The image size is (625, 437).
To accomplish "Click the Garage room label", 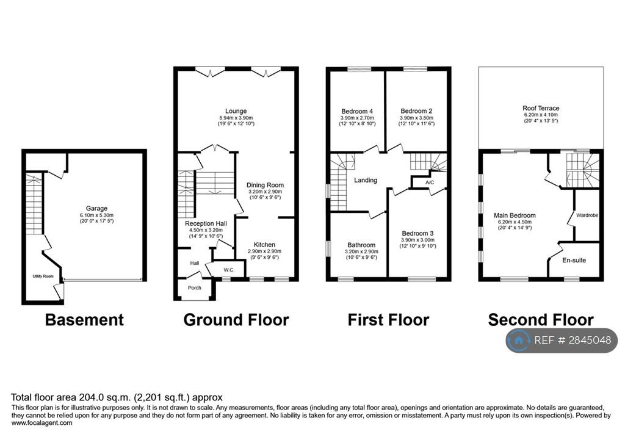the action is coord(96,208).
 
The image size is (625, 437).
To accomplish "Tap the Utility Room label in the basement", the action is coord(43,276).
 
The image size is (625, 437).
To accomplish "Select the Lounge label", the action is coord(236,111).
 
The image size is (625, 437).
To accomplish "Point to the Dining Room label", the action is coord(265,185).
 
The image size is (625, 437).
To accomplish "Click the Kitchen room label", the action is coord(264,244).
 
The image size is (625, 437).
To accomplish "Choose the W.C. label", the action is coord(229,270).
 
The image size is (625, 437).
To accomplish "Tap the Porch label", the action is coord(195,288).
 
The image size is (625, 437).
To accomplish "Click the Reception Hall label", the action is coord(206,223).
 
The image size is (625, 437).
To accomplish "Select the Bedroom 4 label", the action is coord(357,111).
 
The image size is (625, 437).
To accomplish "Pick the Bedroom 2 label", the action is coord(416,111).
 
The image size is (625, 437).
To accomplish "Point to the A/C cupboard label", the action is coord(430,182).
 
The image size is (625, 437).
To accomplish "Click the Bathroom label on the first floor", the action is coord(361,245).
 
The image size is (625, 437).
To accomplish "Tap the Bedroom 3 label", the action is coord(417,233).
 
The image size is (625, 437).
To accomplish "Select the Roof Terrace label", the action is coord(541,108).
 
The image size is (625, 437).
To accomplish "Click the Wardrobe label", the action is coord(587,215).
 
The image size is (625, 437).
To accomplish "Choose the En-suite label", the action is coord(574,261).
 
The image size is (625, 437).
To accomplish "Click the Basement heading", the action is coord(84,320).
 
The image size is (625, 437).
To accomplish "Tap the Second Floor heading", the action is coord(541,320).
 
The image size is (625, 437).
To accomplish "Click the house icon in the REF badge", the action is coord(519,341).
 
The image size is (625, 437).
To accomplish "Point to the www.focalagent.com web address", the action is coord(42,423).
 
